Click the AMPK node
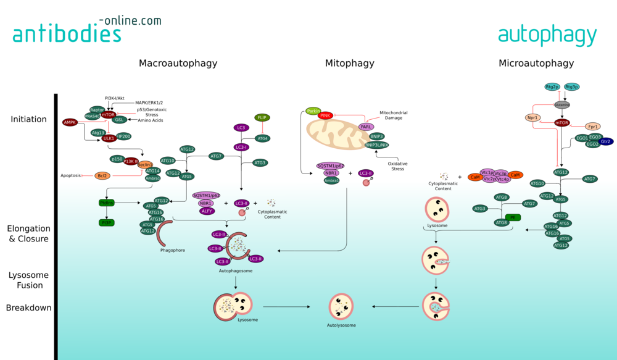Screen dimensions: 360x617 (x=70, y=122)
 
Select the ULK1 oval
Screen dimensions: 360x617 (x=109, y=138)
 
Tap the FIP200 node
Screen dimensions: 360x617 (x=123, y=136)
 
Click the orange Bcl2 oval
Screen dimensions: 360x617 (x=102, y=175)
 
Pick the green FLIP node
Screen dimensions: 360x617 (x=262, y=117)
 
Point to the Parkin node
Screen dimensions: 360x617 (x=313, y=111)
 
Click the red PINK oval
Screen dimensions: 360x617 (x=326, y=115)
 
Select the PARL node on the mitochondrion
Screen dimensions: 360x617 (x=366, y=127)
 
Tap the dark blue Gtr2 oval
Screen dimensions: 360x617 (x=606, y=141)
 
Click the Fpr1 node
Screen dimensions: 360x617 (x=593, y=126)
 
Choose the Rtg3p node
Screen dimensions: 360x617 (x=572, y=87)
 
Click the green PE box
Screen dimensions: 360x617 (x=513, y=217)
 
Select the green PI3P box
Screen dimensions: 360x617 (x=107, y=222)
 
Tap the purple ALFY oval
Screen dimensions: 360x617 (x=207, y=211)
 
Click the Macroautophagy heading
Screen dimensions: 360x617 (x=178, y=63)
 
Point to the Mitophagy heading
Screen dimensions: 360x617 (x=349, y=63)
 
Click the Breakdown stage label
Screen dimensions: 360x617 (x=28, y=308)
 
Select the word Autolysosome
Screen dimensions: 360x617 (x=341, y=325)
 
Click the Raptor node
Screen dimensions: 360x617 (x=97, y=109)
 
